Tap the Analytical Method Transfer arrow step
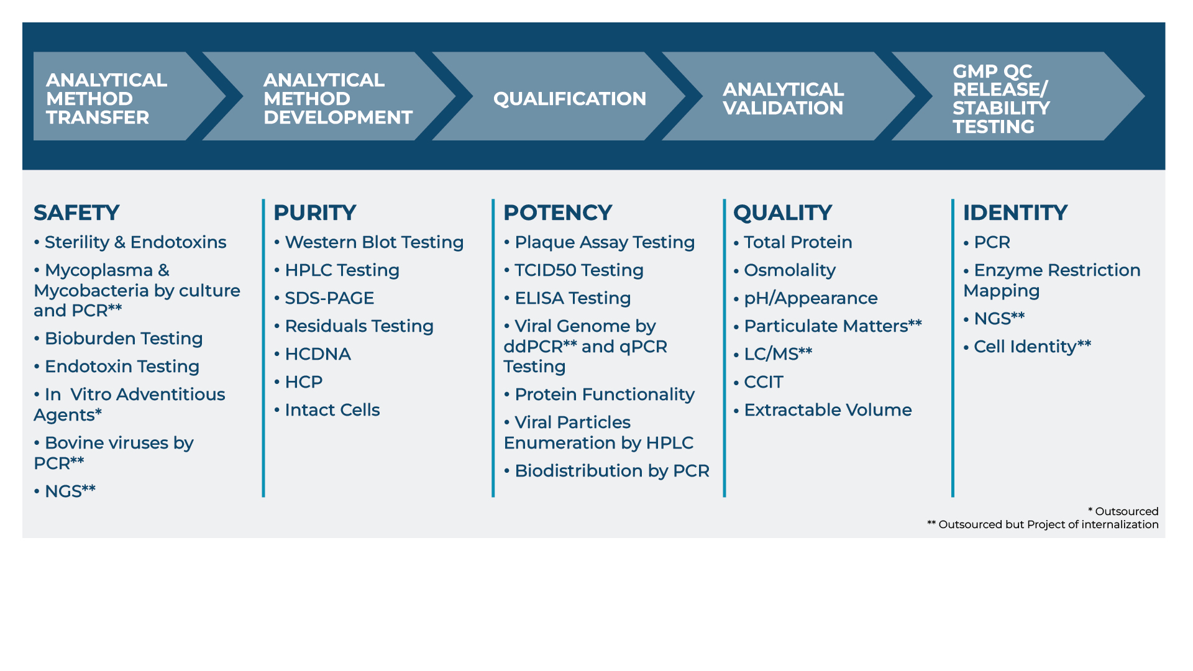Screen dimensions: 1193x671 124,96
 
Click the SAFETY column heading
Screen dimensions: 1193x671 76,212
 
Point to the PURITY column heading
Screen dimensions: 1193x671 315,212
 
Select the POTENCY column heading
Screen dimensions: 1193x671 558,212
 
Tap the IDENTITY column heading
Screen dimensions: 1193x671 1015,212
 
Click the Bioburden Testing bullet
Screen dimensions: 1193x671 118,339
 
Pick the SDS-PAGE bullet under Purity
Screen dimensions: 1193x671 324,298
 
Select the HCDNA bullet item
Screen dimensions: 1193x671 313,354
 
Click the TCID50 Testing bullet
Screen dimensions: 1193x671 574,270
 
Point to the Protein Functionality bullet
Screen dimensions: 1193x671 599,395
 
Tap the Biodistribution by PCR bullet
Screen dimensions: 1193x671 606,471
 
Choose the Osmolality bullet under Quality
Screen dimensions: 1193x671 785,270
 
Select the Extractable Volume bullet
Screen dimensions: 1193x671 823,410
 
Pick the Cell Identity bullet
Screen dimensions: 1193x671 1027,346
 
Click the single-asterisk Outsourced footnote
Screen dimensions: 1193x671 1123,511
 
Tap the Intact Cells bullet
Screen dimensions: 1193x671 327,410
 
